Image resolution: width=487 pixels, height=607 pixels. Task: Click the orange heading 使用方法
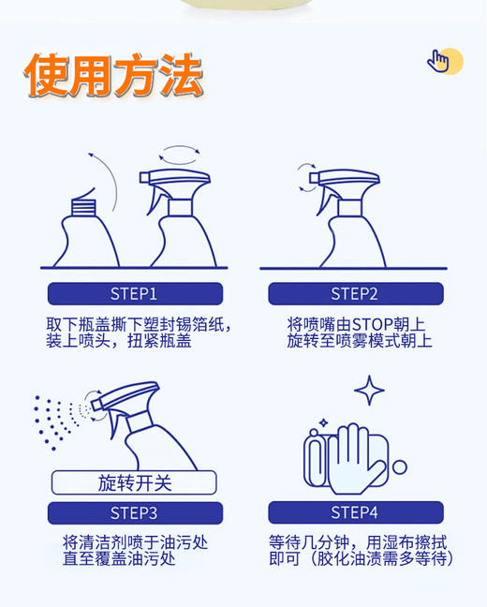coord(113,75)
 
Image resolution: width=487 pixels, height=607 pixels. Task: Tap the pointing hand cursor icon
coord(439,61)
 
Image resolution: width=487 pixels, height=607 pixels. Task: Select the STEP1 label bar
coord(135,293)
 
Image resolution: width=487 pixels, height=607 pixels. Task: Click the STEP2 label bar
coord(354,293)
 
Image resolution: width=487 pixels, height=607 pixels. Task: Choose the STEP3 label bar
coord(135,512)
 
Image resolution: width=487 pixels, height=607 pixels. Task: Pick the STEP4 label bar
coord(354,512)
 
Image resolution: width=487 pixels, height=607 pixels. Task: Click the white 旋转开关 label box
coord(134,483)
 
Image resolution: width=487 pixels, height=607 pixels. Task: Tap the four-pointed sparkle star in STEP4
coord(369,390)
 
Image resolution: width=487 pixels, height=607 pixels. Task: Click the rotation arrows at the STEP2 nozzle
coord(305,177)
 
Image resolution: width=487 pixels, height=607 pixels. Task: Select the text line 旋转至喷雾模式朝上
coord(360,341)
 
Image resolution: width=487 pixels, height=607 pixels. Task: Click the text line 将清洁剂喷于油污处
coord(135,542)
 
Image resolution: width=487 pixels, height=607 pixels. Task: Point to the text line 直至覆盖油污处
coord(119,559)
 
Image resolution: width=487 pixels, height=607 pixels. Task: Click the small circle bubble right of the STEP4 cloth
coord(400,466)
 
